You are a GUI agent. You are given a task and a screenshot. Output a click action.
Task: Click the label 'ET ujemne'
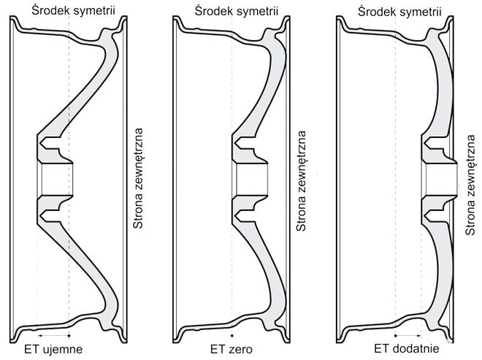pos(53,349)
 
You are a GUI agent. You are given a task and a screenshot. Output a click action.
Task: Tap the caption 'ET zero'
pos(232,349)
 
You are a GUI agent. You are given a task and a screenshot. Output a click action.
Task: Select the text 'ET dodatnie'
pos(406,348)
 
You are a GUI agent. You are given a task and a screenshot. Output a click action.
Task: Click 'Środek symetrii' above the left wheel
pos(74,11)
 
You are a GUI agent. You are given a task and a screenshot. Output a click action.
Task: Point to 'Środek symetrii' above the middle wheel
pos(237,12)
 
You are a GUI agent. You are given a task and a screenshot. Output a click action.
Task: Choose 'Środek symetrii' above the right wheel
pos(399,12)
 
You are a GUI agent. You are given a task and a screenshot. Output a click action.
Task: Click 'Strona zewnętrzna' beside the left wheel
pos(138,178)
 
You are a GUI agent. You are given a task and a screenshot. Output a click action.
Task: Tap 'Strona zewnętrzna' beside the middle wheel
pos(301,181)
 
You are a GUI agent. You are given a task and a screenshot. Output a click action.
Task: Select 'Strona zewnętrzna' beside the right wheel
pos(470,185)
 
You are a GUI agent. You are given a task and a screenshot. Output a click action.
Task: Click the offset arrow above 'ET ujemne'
pos(53,336)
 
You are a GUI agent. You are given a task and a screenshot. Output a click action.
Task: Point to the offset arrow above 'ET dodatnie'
pos(408,336)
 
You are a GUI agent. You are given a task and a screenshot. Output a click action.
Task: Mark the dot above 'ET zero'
pos(232,336)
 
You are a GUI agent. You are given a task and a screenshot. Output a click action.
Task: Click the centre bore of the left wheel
pos(55,179)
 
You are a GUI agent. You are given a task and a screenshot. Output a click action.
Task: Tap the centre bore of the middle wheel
pos(250,179)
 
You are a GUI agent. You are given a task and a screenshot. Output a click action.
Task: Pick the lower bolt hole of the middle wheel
pos(244,215)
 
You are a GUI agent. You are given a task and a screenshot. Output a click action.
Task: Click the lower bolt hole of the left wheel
pos(49,215)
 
